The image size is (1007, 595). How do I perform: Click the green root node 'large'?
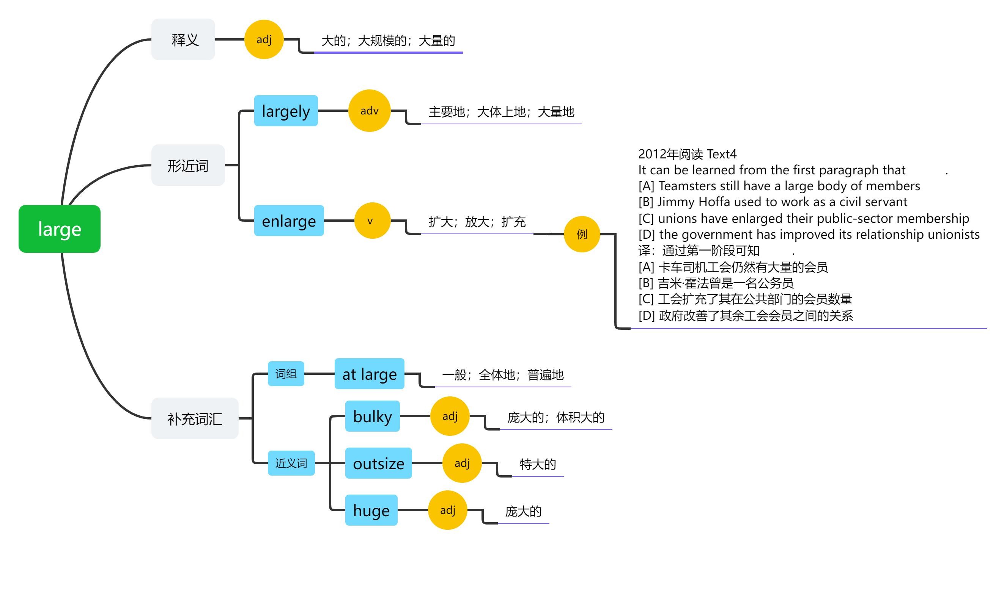60,229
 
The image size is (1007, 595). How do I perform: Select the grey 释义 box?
183,40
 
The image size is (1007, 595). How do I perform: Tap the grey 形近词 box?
188,165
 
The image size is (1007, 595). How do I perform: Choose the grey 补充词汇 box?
195,419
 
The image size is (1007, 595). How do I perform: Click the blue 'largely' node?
286,111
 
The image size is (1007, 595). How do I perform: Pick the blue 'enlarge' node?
289,221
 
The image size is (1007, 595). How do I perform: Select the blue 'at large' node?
369,374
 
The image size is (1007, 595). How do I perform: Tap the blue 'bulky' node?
373,416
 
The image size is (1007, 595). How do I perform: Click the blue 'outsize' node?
378,463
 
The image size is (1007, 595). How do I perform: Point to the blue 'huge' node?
371,510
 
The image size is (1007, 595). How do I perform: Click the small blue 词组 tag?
286,374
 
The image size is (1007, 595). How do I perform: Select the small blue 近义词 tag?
291,463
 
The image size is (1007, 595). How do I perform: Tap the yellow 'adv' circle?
369,111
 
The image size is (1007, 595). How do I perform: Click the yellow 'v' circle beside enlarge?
372,221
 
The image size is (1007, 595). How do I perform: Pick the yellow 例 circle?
582,234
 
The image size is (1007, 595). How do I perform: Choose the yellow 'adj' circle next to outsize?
462,463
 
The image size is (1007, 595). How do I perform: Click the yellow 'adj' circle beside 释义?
264,40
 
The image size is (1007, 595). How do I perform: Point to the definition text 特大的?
537,464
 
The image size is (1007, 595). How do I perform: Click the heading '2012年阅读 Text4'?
687,154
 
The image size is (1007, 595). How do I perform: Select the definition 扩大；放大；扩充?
477,222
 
